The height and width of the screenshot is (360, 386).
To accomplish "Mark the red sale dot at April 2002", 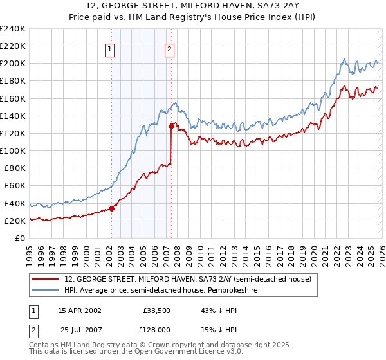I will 111,208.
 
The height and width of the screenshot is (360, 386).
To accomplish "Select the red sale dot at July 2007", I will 171,126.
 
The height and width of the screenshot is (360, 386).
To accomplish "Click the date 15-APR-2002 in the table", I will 79,310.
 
